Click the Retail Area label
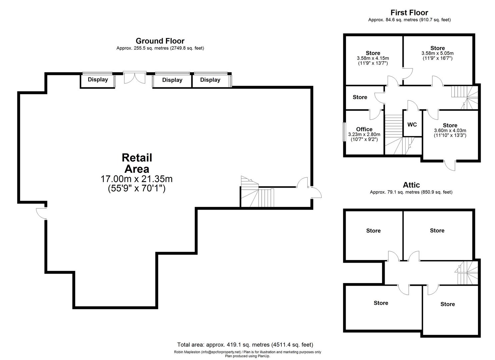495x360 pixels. tap(137, 163)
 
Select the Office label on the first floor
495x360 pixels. tap(364, 129)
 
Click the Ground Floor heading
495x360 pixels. tap(160, 41)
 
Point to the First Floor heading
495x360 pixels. tap(409, 13)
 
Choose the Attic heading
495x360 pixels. tap(411, 185)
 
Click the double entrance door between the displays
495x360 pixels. tap(135, 77)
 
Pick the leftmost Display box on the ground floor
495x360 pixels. tap(98, 80)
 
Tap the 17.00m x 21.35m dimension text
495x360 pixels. tap(137, 179)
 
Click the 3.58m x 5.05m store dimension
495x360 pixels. tap(438, 53)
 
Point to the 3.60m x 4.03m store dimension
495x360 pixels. tap(450, 130)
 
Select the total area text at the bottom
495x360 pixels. tap(245, 345)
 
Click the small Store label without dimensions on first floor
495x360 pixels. tap(360, 97)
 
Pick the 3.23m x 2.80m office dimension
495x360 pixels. tap(364, 134)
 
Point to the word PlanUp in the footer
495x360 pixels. tap(264, 356)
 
